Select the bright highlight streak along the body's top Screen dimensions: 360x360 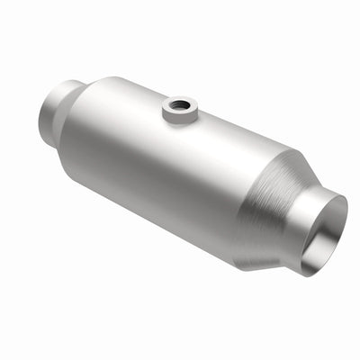click(135, 99)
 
